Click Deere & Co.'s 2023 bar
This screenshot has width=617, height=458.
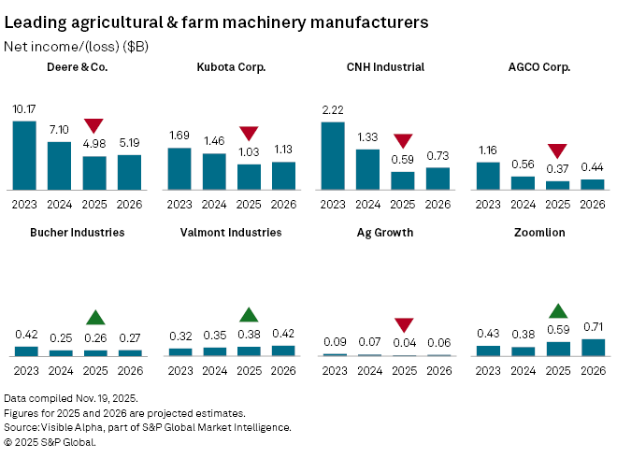(24, 154)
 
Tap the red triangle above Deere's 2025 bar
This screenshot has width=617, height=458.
(93, 126)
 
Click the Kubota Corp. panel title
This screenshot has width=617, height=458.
(231, 67)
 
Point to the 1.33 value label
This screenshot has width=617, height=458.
(367, 137)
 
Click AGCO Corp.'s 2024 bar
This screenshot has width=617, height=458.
(524, 182)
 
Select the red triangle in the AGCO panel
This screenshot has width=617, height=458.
(558, 150)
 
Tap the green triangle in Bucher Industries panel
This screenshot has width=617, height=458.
(93, 318)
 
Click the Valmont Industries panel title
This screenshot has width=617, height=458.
(231, 232)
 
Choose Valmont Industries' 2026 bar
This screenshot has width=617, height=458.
(282, 351)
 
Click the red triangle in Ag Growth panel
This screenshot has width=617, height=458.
(403, 325)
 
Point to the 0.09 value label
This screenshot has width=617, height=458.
(334, 342)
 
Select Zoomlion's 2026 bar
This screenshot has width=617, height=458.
(593, 347)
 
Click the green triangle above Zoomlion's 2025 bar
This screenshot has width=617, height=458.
(558, 311)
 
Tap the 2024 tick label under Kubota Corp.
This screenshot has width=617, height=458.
(213, 205)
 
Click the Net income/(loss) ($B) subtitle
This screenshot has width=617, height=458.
(76, 45)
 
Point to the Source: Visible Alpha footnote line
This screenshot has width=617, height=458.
(147, 427)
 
